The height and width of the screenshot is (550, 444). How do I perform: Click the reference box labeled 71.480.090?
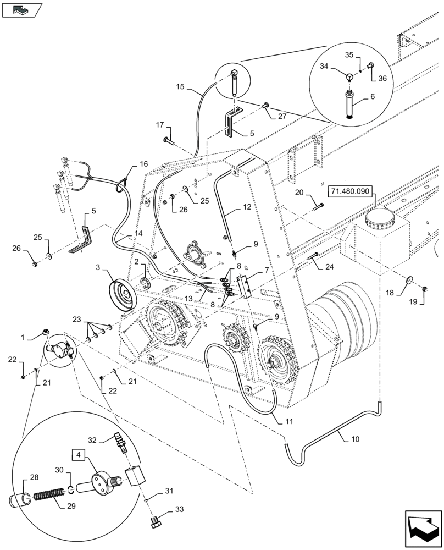pos(351,193)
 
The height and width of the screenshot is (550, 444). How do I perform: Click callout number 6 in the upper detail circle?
pos(373,97)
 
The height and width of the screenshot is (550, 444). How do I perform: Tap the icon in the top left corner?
pos(21,9)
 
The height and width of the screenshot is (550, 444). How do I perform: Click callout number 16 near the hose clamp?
pos(143,164)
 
